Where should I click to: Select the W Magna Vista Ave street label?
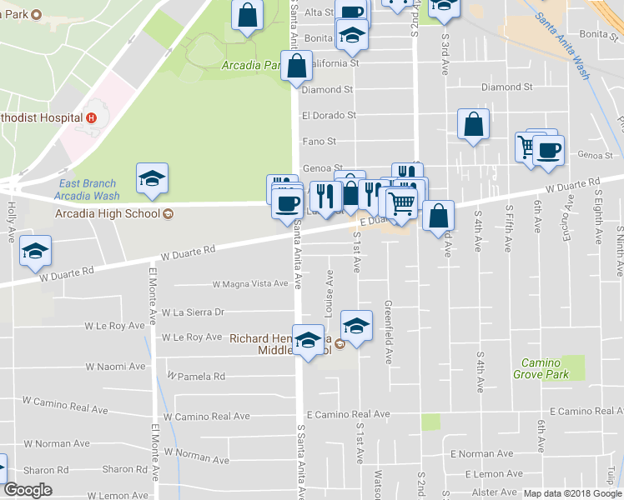pyautogui.click(x=250, y=284)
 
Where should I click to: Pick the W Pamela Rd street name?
pyautogui.click(x=196, y=377)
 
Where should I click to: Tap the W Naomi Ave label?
pyautogui.click(x=115, y=367)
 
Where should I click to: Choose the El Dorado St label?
pyautogui.click(x=330, y=115)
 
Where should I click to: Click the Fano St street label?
pyautogui.click(x=319, y=142)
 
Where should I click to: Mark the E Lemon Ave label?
pyautogui.click(x=475, y=473)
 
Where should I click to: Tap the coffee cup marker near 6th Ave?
pyautogui.click(x=548, y=151)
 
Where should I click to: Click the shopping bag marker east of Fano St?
pyautogui.click(x=473, y=125)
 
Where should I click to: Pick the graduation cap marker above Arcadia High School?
pyautogui.click(x=152, y=178)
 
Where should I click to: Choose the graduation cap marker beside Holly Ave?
pyautogui.click(x=35, y=251)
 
